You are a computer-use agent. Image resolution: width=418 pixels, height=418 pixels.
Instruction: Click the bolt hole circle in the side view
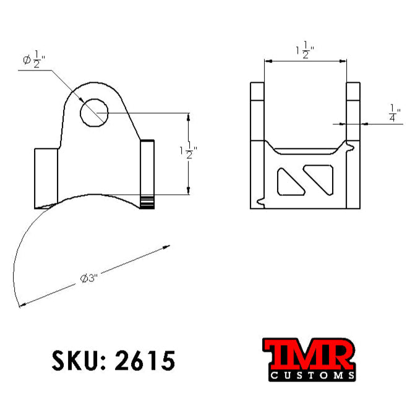[x=95, y=113]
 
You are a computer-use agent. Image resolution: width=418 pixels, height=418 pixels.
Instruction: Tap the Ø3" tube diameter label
[x=90, y=278]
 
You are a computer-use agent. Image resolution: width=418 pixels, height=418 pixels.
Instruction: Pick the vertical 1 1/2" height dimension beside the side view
[x=187, y=152]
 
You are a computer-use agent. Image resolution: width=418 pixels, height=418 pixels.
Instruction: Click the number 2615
[x=145, y=360]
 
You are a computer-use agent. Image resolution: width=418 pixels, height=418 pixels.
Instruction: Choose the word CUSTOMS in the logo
[x=312, y=375]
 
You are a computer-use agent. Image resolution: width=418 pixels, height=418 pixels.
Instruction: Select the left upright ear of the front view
[x=257, y=111]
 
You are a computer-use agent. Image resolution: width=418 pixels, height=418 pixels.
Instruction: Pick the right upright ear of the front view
[x=352, y=111]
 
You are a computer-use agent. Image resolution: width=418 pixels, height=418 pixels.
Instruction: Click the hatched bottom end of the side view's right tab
[x=147, y=202]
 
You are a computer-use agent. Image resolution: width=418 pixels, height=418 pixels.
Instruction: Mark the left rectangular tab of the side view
[x=45, y=176]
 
